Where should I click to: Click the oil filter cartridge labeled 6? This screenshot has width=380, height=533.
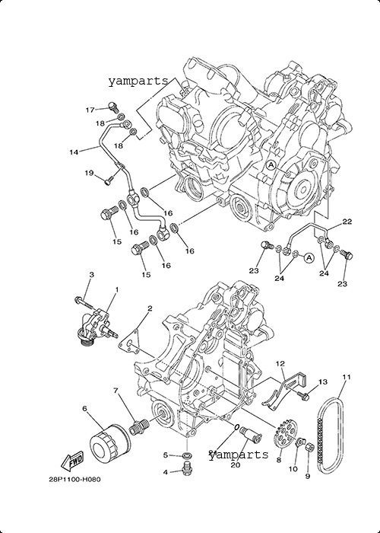[110, 441]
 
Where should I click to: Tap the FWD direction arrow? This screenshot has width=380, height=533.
[71, 461]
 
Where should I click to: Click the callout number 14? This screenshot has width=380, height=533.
[74, 152]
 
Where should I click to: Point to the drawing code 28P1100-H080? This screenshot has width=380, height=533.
[74, 480]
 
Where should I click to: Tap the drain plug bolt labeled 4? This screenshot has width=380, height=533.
[186, 469]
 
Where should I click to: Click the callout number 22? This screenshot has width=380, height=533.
[347, 222]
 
